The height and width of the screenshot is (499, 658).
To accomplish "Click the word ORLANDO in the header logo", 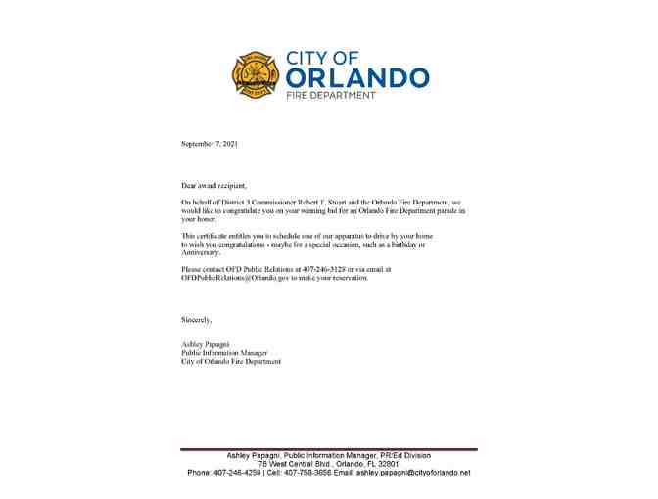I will [357, 78].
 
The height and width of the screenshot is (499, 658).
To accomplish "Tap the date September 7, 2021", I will [210, 144].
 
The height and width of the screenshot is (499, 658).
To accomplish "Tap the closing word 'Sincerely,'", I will [197, 319].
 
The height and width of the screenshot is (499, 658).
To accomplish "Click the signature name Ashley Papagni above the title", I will [205, 344].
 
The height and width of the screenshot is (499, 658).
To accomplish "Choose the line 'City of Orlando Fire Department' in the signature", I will [231, 362].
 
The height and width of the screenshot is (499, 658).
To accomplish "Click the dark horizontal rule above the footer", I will [328, 449].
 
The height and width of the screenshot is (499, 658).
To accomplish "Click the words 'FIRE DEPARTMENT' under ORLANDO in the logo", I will [331, 96].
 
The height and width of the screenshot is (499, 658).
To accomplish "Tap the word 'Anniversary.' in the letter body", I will [201, 252].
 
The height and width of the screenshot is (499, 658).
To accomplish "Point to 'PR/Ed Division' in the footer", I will [404, 455].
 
